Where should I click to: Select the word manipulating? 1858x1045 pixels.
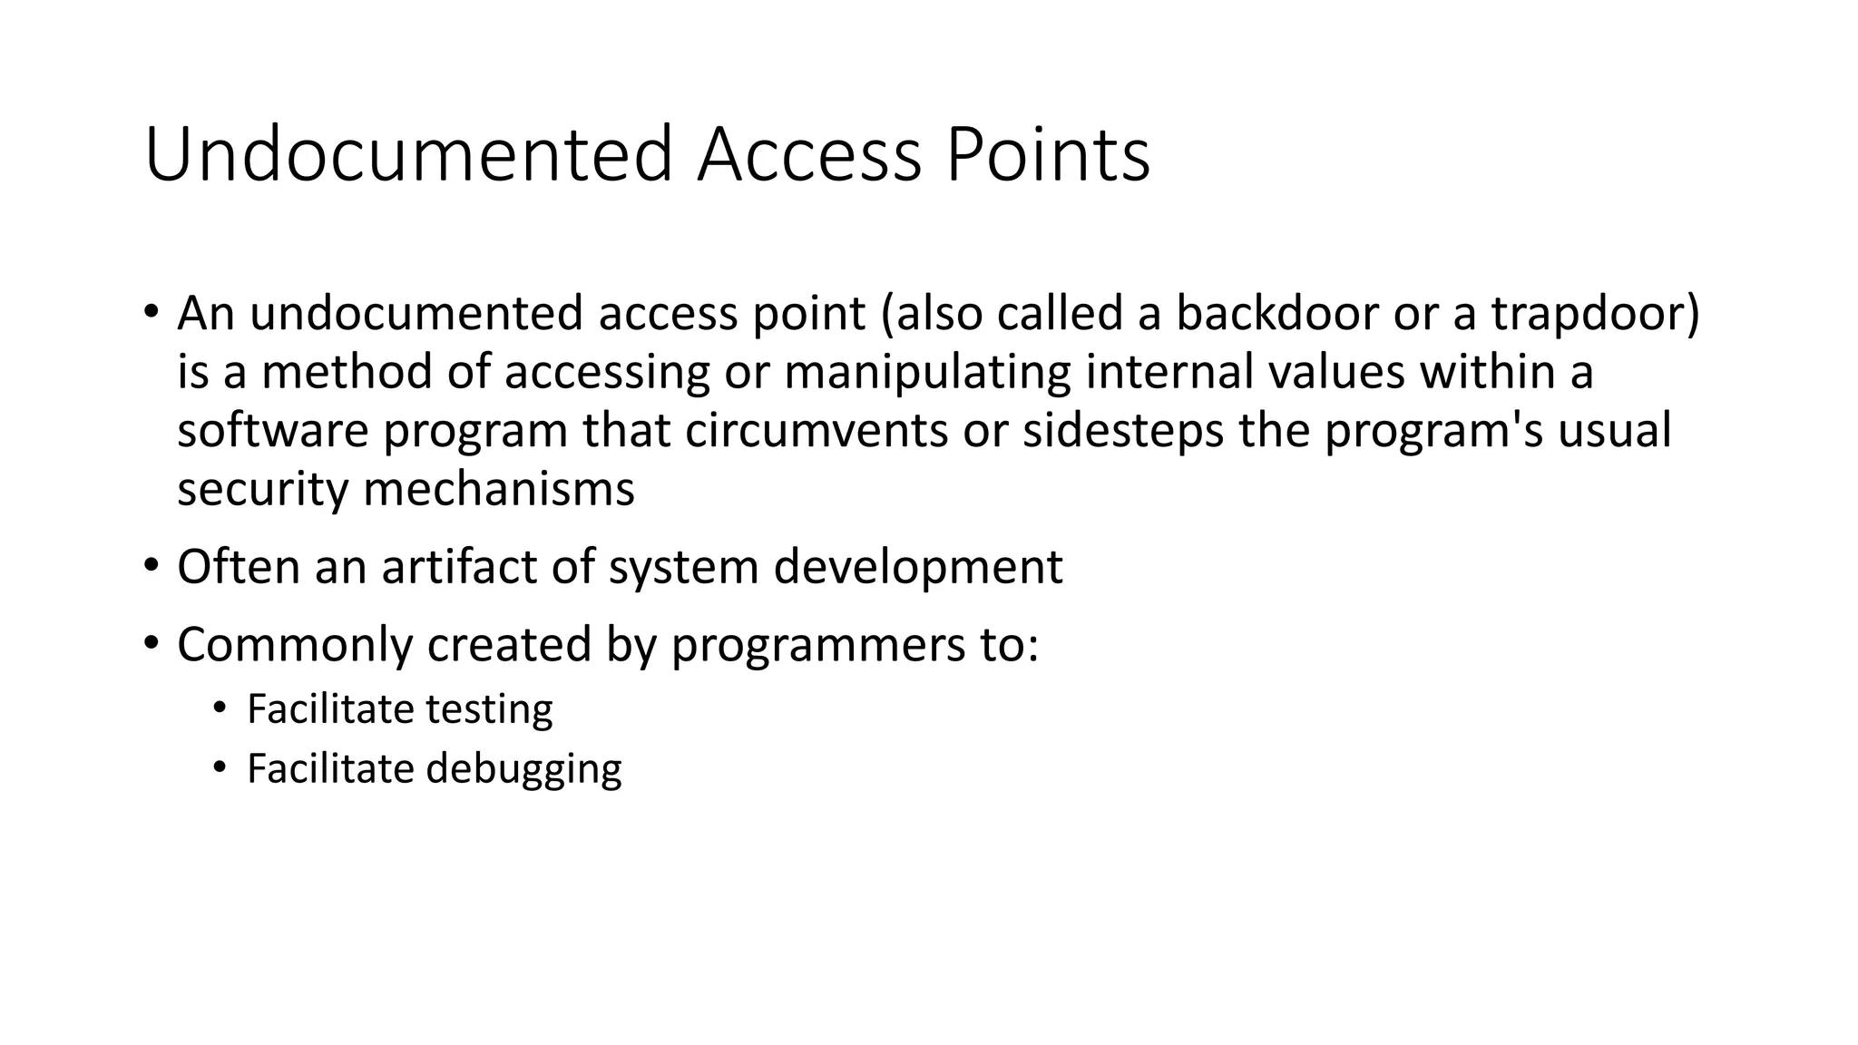[927, 372]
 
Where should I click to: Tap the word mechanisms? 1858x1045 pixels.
[499, 489]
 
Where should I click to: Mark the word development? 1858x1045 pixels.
[918, 567]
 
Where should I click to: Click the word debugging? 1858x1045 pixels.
[523, 769]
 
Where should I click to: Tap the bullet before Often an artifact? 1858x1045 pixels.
[151, 564]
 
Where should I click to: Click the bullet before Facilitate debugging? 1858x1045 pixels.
[219, 767]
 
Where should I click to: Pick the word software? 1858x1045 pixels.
[273, 430]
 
